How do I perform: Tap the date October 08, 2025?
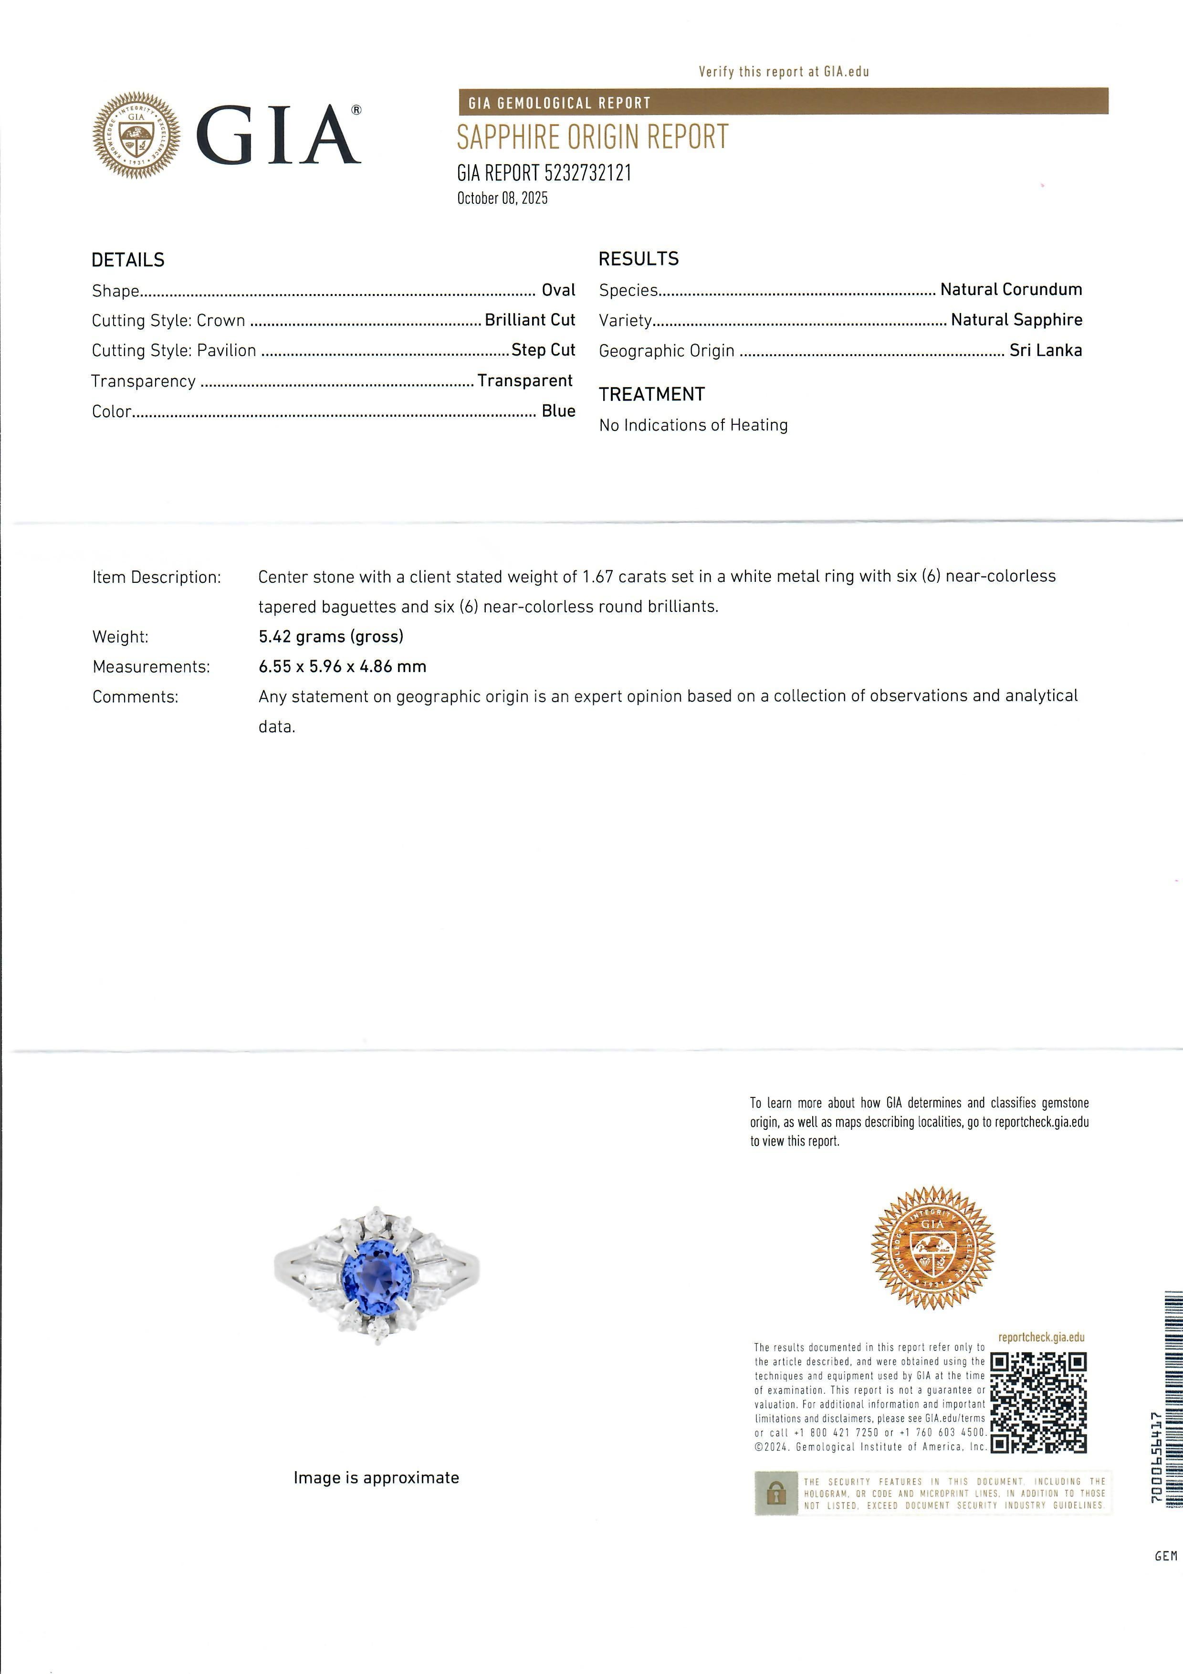(502, 198)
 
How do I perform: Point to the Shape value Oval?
(558, 290)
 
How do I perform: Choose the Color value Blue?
(558, 411)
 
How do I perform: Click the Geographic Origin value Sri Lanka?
(1045, 351)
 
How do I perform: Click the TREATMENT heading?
(652, 394)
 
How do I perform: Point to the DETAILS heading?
(128, 260)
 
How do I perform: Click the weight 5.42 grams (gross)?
(331, 636)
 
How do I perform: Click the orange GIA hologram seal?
(932, 1247)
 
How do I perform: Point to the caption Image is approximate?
(376, 1478)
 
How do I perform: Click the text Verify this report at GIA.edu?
(784, 72)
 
